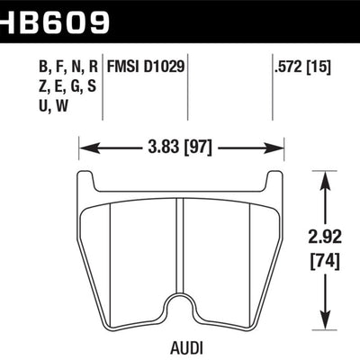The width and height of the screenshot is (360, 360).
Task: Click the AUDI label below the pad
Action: tap(183, 345)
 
